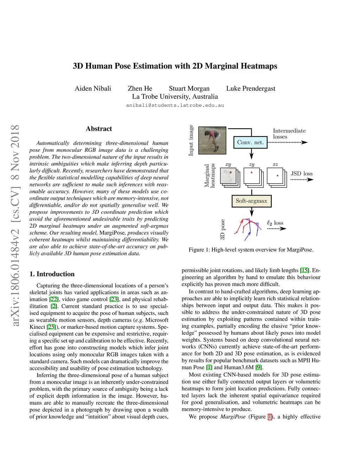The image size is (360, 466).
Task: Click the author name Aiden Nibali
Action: click(x=93, y=88)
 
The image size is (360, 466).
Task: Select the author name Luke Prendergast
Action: click(x=251, y=88)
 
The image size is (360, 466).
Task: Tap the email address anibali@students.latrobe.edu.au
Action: click(x=175, y=105)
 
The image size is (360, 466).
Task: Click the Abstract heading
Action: click(x=99, y=129)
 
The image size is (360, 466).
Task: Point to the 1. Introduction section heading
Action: click(x=52, y=274)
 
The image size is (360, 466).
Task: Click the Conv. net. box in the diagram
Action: click(x=250, y=142)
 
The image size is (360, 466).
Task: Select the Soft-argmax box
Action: click(x=251, y=201)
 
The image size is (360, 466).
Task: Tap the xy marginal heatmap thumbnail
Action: click(x=229, y=176)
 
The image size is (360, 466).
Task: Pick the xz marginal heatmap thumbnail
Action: click(x=276, y=175)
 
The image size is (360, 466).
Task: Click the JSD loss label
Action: click(x=301, y=173)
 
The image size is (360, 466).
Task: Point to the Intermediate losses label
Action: click(x=289, y=134)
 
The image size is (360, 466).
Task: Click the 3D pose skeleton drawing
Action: click(x=248, y=229)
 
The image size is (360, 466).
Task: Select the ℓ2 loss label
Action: click(x=275, y=223)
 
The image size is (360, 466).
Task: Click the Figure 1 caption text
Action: click(x=251, y=250)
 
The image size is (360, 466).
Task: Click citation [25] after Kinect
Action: click(x=51, y=327)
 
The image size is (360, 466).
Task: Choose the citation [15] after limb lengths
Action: click(x=304, y=270)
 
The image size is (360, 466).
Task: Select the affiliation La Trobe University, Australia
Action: click(x=175, y=96)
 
